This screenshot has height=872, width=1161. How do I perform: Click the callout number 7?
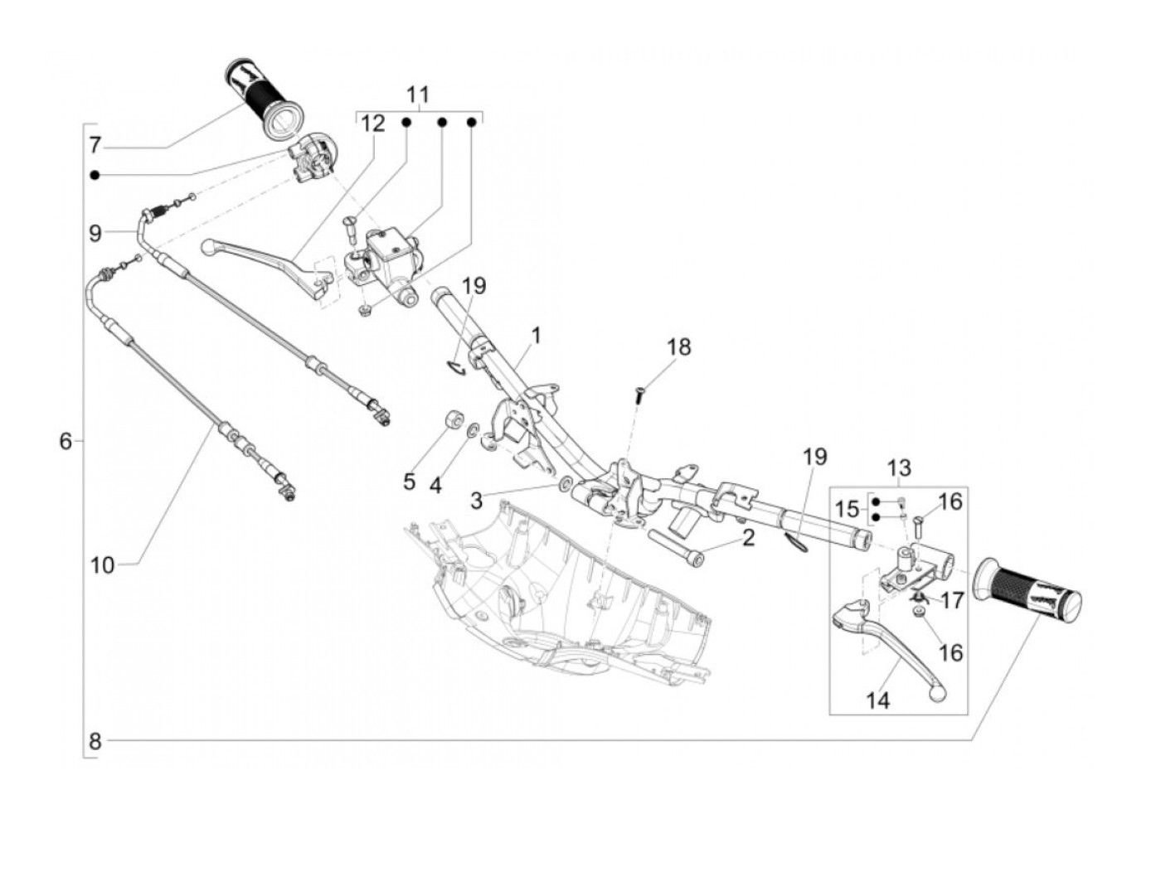95,144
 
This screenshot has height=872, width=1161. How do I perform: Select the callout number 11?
418,95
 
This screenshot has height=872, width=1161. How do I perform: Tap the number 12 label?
373,124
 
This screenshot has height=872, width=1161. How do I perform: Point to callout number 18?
678,347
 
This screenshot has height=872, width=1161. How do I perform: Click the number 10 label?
103,565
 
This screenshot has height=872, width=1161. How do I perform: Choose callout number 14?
878,700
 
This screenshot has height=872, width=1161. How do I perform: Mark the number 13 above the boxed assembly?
899,468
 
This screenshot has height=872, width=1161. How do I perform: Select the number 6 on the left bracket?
65,441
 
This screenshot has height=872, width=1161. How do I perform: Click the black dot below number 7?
95,175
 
